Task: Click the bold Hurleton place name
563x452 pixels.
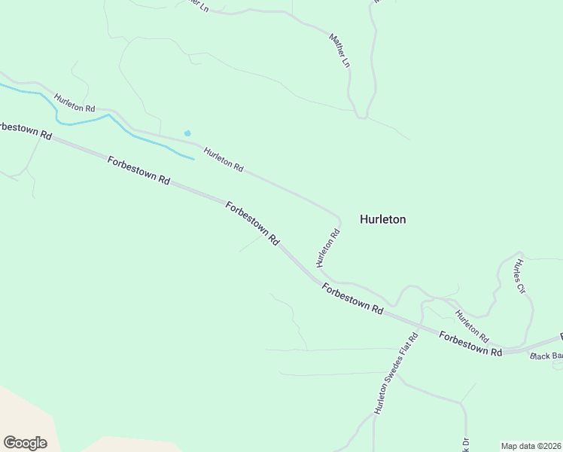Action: coord(382,219)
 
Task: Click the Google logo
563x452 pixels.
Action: coord(25,443)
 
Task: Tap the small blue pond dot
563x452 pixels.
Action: coord(187,133)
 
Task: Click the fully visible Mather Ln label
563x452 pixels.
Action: coord(340,50)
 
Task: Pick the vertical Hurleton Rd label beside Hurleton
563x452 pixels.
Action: coord(328,249)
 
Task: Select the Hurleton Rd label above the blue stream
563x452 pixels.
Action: coord(74,103)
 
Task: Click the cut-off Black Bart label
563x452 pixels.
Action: coord(546,356)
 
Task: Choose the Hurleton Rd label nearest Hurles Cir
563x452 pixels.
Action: coord(472,325)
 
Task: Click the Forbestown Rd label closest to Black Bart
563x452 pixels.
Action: coord(470,344)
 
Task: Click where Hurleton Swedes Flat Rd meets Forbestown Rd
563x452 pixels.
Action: coord(413,325)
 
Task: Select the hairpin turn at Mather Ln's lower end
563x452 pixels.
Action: coord(362,117)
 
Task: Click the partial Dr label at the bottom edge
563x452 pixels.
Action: coord(465,444)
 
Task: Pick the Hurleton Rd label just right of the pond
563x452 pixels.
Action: coord(224,158)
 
